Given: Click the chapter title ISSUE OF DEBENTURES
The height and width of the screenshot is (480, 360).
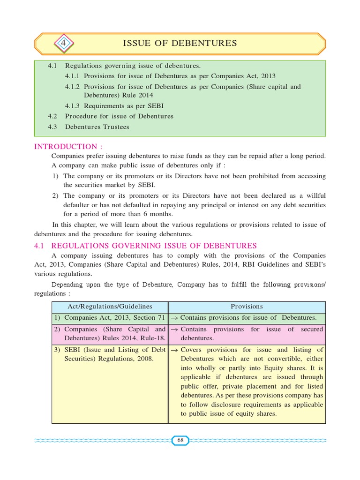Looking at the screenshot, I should point(180,44).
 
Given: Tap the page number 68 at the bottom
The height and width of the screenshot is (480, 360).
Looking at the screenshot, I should point(180,440).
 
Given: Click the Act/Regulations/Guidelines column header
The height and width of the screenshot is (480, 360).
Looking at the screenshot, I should point(110,307).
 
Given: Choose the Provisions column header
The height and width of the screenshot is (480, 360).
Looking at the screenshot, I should point(247,307).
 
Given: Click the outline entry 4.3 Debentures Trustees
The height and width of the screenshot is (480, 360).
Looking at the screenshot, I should point(89,127).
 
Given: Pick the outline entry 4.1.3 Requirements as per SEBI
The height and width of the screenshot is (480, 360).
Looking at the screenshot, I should point(114,105).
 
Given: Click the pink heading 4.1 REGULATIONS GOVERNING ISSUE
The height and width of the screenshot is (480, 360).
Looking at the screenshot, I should point(146,246).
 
